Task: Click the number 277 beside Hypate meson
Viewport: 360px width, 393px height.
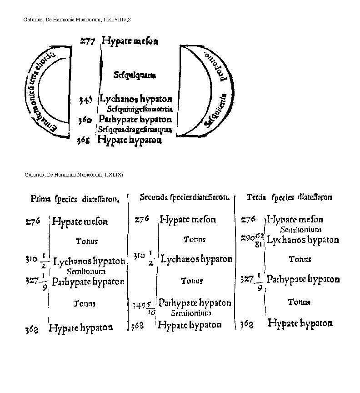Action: [87, 41]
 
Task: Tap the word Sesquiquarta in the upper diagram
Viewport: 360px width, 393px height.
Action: [135, 75]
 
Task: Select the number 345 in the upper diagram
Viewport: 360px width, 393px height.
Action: [86, 100]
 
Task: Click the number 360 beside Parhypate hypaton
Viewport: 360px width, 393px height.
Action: [85, 120]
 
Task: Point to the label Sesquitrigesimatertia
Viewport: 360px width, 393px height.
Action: [140, 109]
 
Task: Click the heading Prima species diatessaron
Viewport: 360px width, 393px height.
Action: [75, 199]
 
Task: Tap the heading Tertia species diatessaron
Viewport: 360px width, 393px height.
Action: [289, 197]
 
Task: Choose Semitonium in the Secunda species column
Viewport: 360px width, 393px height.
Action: [191, 313]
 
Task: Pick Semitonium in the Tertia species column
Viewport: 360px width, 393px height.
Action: [301, 230]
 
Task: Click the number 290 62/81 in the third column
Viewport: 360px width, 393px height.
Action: [253, 239]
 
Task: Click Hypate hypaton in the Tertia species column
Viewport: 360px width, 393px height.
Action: [300, 323]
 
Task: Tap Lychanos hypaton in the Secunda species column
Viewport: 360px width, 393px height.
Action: [197, 259]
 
